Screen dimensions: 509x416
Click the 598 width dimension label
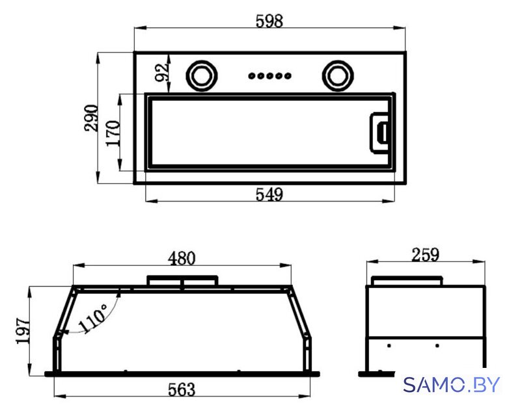tap(269, 21)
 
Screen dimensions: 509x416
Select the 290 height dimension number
tap(91, 118)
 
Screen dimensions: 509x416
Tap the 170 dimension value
tap(113, 133)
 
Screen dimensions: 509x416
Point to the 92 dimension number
tap(161, 73)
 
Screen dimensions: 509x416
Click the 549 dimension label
tap(269, 194)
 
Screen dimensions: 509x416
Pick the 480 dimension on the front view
tap(182, 259)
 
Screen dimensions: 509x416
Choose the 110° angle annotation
tap(93, 318)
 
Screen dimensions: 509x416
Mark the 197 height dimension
tap(22, 331)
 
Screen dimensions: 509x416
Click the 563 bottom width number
tap(182, 389)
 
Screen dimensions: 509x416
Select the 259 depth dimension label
tap(425, 255)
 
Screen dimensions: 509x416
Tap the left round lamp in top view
tap(202, 76)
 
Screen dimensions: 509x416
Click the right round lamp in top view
tap(338, 76)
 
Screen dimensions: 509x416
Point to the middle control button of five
tap(269, 76)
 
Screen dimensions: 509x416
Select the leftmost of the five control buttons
tap(252, 76)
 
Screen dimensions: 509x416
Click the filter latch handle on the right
tap(379, 133)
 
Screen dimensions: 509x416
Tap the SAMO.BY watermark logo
tap(451, 385)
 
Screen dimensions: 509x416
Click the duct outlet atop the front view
tap(182, 281)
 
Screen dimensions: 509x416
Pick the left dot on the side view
tap(389, 346)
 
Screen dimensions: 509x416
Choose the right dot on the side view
tap(437, 346)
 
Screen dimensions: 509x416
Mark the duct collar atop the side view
tap(407, 281)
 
